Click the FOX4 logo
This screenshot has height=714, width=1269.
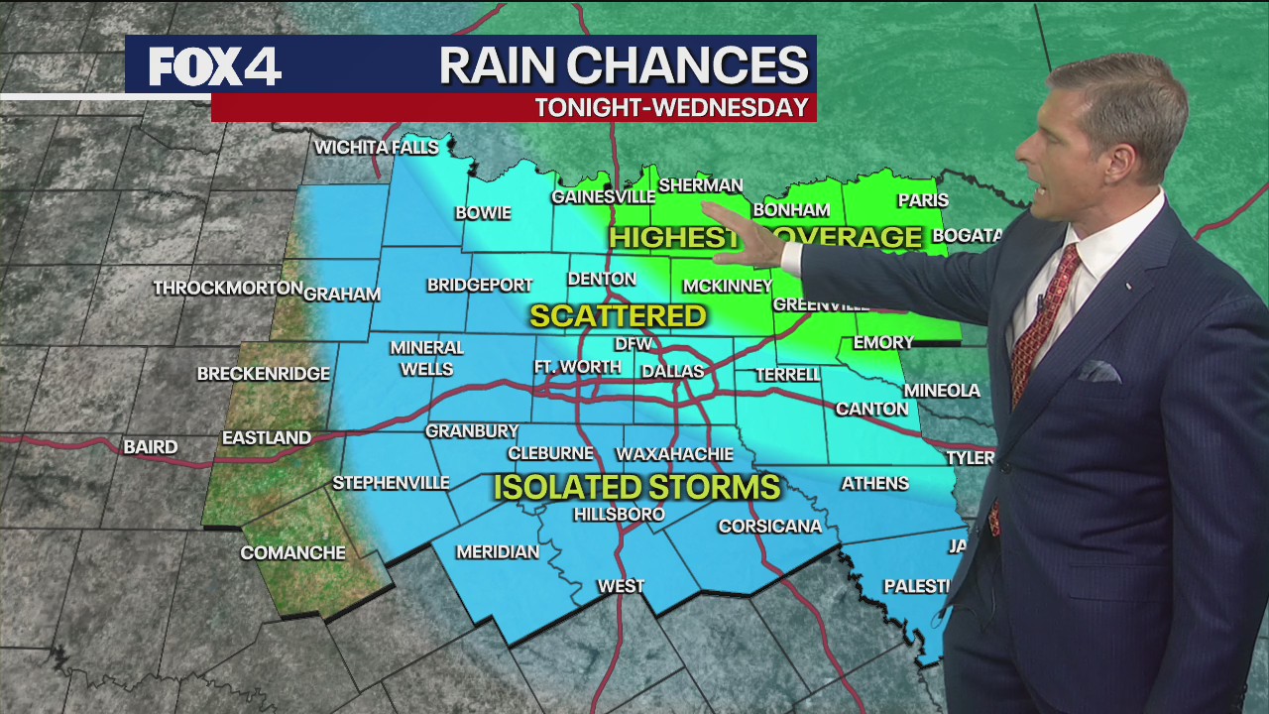coord(215,66)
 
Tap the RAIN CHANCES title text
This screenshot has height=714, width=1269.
coord(624,65)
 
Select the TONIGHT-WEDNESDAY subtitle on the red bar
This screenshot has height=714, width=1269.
coord(671,108)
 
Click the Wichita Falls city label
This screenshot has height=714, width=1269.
coord(376,148)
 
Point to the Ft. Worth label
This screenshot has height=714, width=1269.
coord(578,367)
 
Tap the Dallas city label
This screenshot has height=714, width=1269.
coord(671,372)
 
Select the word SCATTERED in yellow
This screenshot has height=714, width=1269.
coord(618,316)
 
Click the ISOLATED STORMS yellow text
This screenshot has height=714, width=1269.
coord(636,487)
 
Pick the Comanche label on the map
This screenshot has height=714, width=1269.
coord(292,553)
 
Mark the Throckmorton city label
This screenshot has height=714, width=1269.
coord(228,289)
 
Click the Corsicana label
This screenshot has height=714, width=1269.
coord(769,527)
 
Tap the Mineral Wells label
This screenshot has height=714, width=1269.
coord(426,358)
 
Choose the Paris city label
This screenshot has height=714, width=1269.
coord(922,200)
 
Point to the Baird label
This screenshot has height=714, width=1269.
coord(150,447)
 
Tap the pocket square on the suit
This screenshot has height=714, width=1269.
coord(1098,372)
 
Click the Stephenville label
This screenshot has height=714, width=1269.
coord(391,483)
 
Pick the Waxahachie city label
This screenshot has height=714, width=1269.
coord(674,454)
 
